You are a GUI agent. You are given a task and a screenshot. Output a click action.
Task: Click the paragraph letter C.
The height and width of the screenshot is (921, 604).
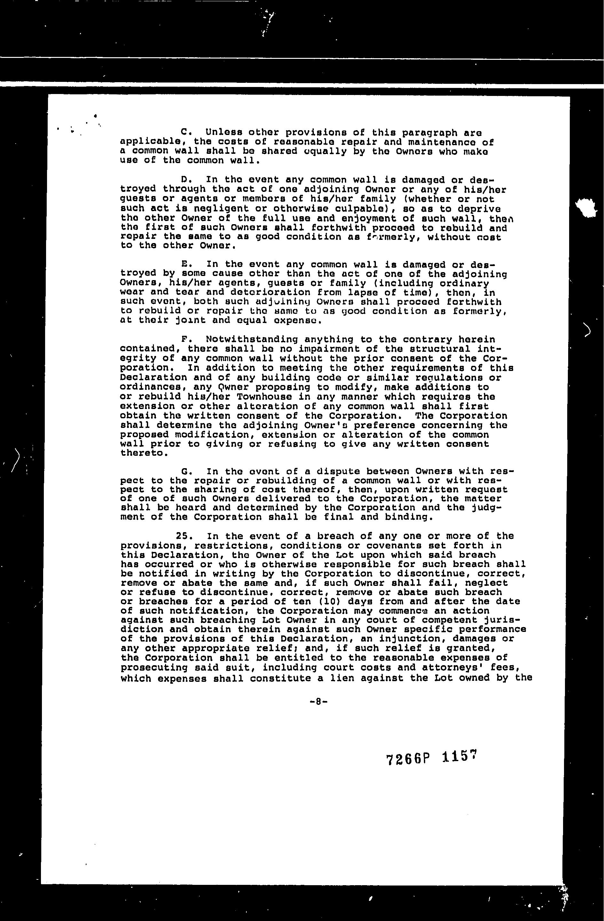coord(184,132)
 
